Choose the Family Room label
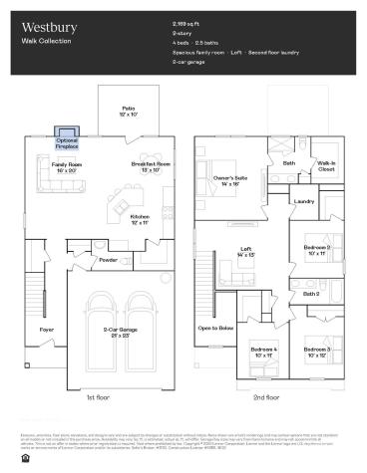(68, 167)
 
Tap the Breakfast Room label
(150, 167)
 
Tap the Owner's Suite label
(231, 181)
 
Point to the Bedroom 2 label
(316, 250)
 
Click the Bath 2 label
(311, 294)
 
